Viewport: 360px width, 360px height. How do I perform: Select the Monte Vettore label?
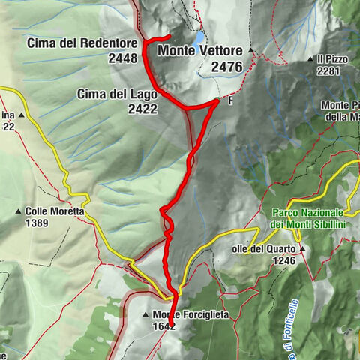pos(200,51)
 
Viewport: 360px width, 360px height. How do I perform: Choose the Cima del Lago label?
pos(117,94)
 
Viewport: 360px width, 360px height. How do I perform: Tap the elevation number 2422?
pos(142,108)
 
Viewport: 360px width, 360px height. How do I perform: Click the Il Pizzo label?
pos(329,58)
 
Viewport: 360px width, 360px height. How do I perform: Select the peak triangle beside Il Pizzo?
pos(310,58)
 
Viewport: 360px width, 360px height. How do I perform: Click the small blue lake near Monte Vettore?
pos(199,37)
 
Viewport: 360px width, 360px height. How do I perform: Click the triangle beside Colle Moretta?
pos(18,211)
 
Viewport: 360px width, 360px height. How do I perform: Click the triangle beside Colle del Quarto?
pos(303,248)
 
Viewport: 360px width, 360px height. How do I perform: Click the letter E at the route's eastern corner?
pos(230,100)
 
